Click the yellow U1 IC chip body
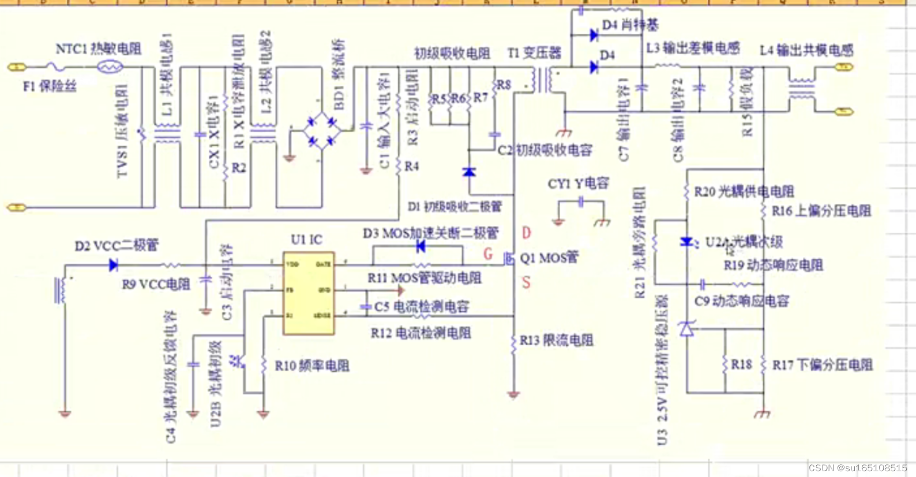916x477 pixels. click(309, 293)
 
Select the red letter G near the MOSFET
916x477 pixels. click(488, 253)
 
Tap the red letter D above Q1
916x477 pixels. click(526, 233)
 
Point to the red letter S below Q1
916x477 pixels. click(526, 282)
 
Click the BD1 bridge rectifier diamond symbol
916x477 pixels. click(322, 131)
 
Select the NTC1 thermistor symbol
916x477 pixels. click(110, 67)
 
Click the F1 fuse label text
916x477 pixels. click(50, 87)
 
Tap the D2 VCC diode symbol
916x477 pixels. click(113, 265)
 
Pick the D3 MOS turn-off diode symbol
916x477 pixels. click(421, 247)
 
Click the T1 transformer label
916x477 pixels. click(534, 54)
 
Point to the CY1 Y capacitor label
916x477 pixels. click(578, 184)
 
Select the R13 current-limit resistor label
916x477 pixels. click(556, 340)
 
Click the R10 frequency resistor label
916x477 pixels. click(311, 366)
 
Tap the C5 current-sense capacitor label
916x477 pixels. click(421, 306)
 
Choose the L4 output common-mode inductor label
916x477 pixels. click(806, 51)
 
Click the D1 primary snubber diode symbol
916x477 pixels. click(470, 172)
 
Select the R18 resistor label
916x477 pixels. click(741, 365)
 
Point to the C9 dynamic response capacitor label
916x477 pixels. click(742, 301)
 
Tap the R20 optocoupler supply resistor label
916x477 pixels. click(744, 191)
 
